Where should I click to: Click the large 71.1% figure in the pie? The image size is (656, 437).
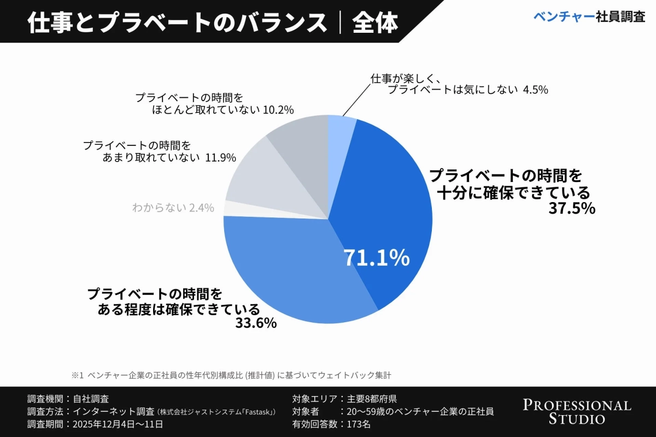pyautogui.click(x=376, y=258)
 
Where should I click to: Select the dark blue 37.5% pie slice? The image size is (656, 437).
pyautogui.click(x=388, y=197)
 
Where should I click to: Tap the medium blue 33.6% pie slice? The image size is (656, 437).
pyautogui.click(x=284, y=268)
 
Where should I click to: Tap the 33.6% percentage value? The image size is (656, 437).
pyautogui.click(x=256, y=323)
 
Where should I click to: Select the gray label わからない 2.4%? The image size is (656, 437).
pyautogui.click(x=173, y=208)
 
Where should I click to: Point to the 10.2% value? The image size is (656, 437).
pyautogui.click(x=278, y=110)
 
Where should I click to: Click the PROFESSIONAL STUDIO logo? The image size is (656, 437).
pyautogui.click(x=577, y=411)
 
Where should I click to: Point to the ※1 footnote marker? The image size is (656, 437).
pyautogui.click(x=77, y=375)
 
